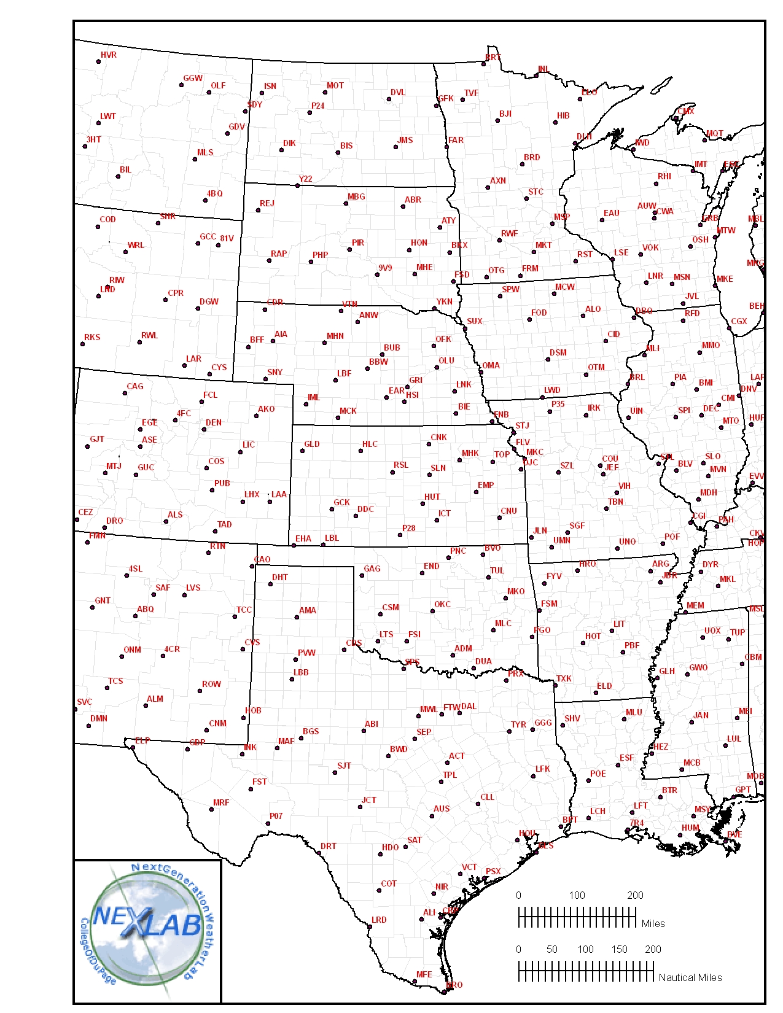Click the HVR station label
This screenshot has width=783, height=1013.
click(109, 55)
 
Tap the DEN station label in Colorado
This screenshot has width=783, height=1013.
click(214, 422)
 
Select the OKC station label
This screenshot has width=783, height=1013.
click(442, 604)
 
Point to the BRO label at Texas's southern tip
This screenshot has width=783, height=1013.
click(454, 985)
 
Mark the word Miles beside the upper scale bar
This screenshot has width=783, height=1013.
click(653, 923)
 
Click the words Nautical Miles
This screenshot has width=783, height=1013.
click(690, 977)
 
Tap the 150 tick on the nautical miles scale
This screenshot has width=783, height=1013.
click(619, 949)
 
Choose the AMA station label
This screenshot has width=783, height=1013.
click(308, 610)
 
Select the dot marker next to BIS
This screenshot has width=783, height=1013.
click(338, 152)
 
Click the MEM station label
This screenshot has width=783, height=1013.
click(695, 605)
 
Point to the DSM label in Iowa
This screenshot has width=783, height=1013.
click(558, 352)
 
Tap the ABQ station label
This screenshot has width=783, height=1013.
click(146, 609)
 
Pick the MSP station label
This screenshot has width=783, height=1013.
click(561, 217)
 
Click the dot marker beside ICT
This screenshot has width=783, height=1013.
click(437, 520)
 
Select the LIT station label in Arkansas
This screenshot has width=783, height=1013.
click(619, 624)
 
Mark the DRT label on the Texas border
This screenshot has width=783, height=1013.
click(329, 846)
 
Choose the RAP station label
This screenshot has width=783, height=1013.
click(279, 254)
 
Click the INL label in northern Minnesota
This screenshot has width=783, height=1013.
click(543, 69)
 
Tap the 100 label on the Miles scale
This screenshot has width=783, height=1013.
click(577, 895)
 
